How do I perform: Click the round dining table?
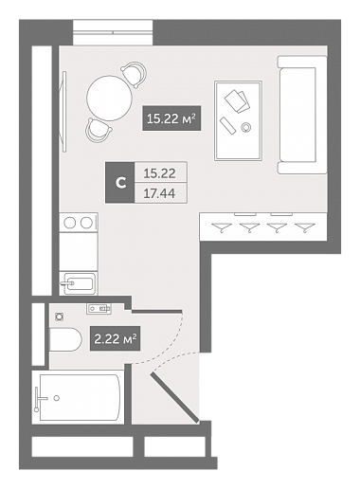110,99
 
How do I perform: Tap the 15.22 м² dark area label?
171,118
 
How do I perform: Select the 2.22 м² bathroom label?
116,338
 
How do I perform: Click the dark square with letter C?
120,182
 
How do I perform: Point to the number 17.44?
159,193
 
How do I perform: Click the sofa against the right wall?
302,115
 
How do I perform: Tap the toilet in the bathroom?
65,339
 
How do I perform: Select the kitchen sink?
79,283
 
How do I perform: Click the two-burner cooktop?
79,223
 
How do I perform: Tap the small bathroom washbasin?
99,308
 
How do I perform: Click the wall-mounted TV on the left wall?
64,112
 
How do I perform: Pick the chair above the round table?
134,74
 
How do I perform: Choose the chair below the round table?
99,130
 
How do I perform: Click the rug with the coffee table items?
239,120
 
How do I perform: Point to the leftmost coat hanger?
222,226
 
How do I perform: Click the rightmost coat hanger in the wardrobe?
305,226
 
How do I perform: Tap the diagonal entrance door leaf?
174,398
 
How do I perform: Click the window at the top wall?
113,32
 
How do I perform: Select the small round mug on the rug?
245,127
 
